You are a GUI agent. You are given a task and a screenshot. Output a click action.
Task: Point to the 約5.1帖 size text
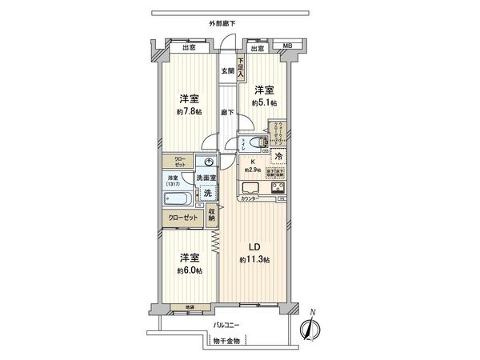point(264,103)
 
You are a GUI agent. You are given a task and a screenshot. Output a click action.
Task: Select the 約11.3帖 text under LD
point(254,260)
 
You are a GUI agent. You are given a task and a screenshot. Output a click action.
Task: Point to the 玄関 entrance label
point(228,71)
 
